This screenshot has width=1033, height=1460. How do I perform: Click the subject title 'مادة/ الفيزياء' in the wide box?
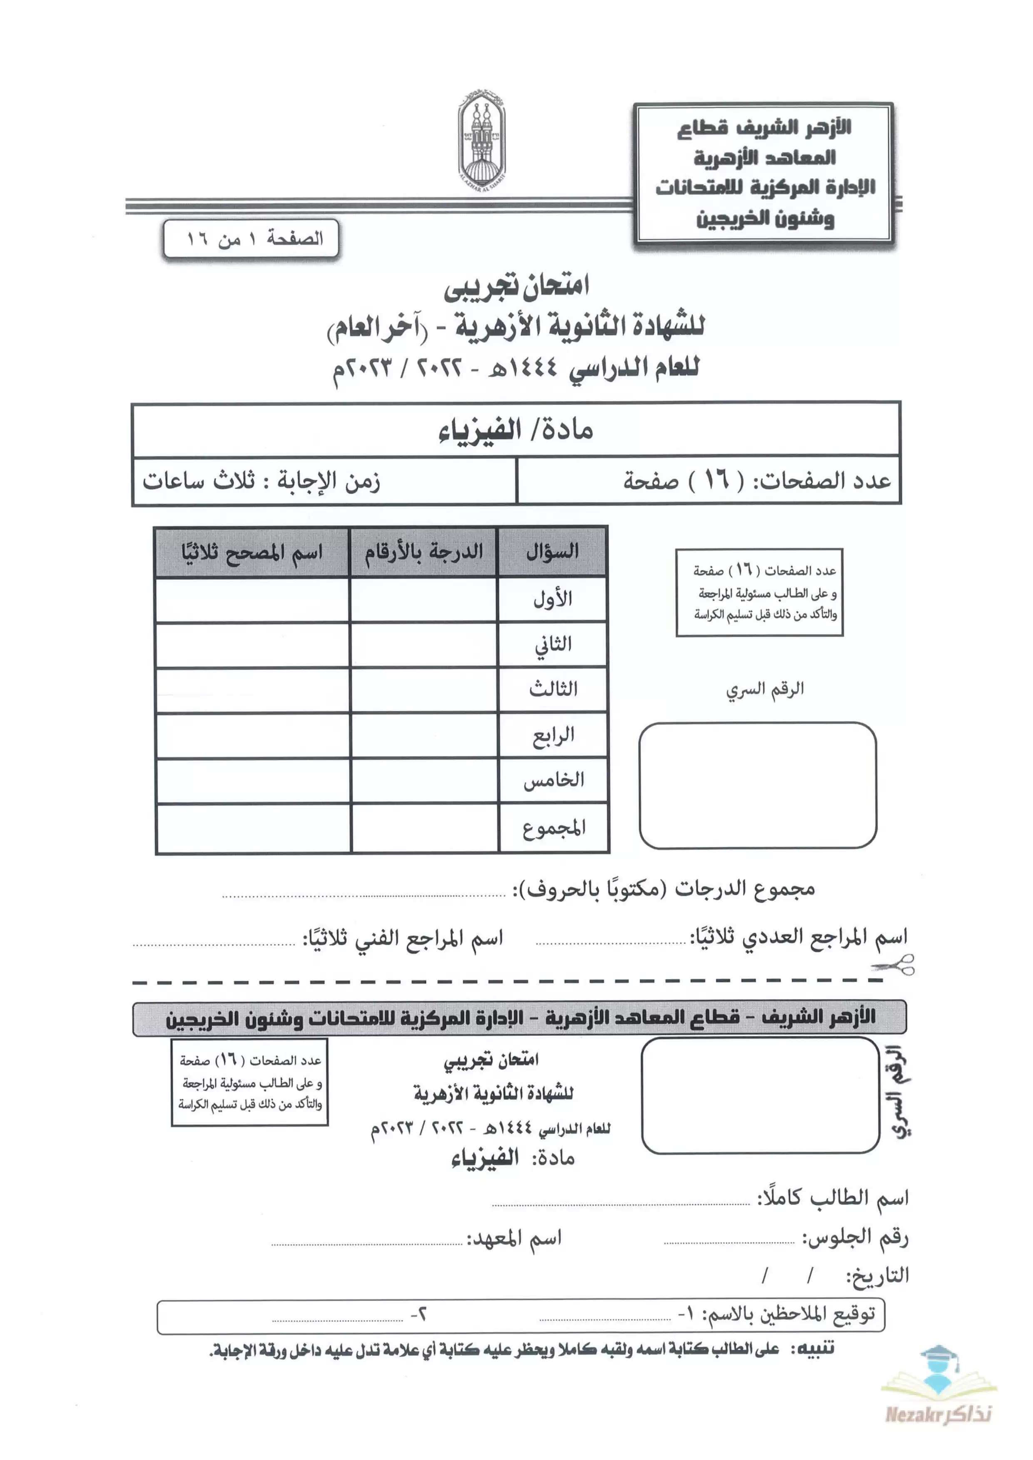516,430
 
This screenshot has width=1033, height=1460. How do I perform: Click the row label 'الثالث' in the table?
553,689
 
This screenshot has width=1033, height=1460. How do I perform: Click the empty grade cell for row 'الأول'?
423,599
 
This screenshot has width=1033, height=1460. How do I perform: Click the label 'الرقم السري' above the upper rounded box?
764,689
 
